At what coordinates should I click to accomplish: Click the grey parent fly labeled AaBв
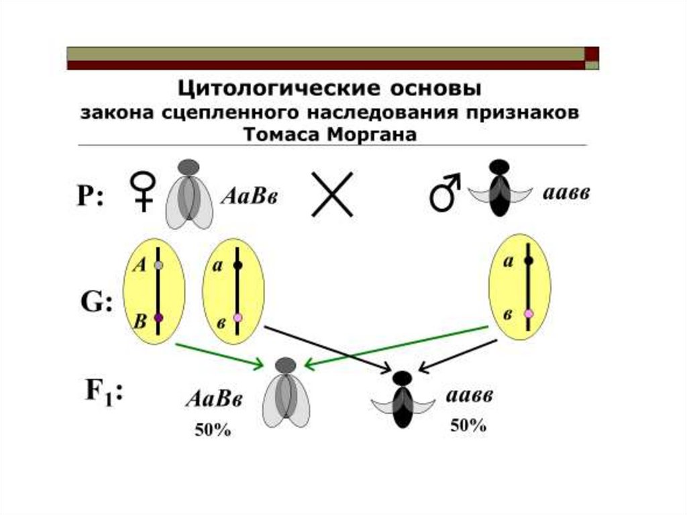point(189,195)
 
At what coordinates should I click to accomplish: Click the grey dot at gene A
point(158,265)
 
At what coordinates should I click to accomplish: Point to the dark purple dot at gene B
point(158,318)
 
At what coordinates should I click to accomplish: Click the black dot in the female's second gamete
point(237,265)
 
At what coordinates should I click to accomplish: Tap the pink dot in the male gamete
point(529,314)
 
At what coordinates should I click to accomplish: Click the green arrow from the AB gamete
point(218,356)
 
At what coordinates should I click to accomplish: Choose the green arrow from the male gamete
point(396,345)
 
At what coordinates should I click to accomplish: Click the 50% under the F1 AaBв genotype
point(213,430)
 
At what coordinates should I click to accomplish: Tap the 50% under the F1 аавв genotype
point(468,426)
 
